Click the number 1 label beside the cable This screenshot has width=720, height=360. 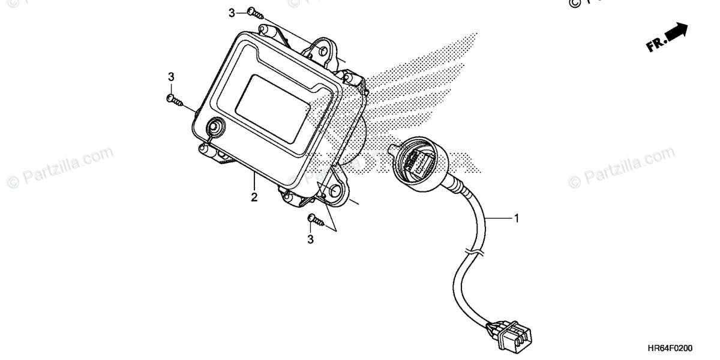point(515,219)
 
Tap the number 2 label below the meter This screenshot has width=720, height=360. point(254,197)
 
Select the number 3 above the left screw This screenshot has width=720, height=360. point(171,77)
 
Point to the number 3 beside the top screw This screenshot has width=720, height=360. point(232,13)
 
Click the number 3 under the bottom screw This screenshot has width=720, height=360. point(311,240)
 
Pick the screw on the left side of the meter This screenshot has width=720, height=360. point(174,100)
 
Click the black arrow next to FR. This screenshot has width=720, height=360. point(676,33)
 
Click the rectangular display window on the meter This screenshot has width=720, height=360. point(273,108)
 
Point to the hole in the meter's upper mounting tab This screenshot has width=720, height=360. point(325,50)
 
